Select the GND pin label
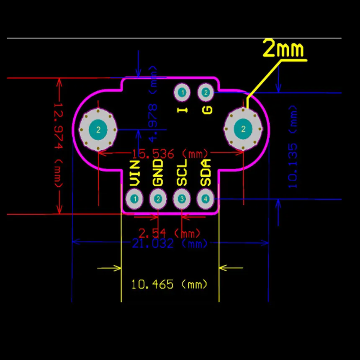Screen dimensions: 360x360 [158, 172]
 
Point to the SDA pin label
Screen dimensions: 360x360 [206, 173]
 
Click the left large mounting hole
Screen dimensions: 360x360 [98, 130]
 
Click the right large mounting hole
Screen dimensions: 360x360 [243, 129]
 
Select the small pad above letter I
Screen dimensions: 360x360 [182, 92]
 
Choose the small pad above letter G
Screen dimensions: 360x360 [206, 92]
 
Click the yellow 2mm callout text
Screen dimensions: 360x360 [283, 49]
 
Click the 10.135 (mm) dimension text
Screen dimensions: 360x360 [293, 147]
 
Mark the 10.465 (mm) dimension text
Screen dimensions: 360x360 [170, 285]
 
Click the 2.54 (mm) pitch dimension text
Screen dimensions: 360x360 [170, 233]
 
